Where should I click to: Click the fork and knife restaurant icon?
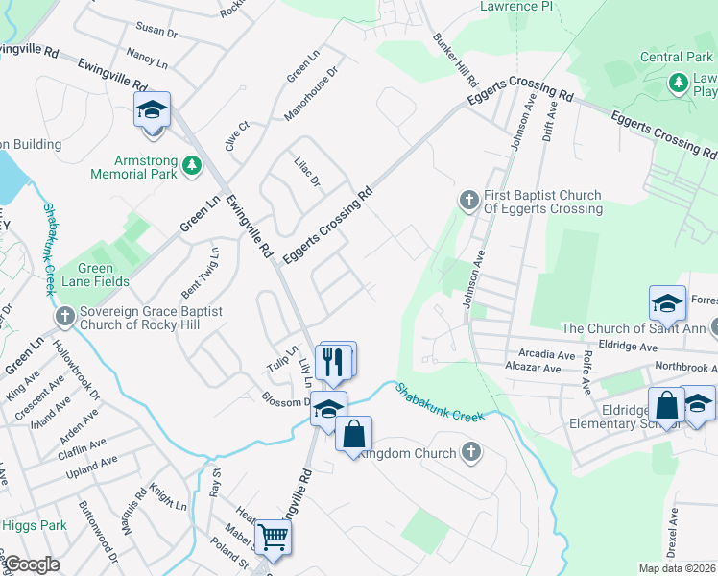click(x=332, y=361)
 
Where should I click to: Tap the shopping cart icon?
click(x=273, y=537)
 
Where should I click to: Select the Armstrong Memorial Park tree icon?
click(x=192, y=165)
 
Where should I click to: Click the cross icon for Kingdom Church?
click(x=470, y=451)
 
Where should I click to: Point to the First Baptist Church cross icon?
click(x=468, y=200)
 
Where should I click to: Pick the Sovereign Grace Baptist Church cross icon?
click(x=64, y=316)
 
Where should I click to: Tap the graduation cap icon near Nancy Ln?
click(x=152, y=110)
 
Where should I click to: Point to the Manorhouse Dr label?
click(x=312, y=93)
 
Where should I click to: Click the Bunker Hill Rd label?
click(x=454, y=61)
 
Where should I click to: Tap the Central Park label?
click(x=676, y=58)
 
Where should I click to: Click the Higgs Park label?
click(x=34, y=525)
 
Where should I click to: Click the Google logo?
click(x=32, y=564)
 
